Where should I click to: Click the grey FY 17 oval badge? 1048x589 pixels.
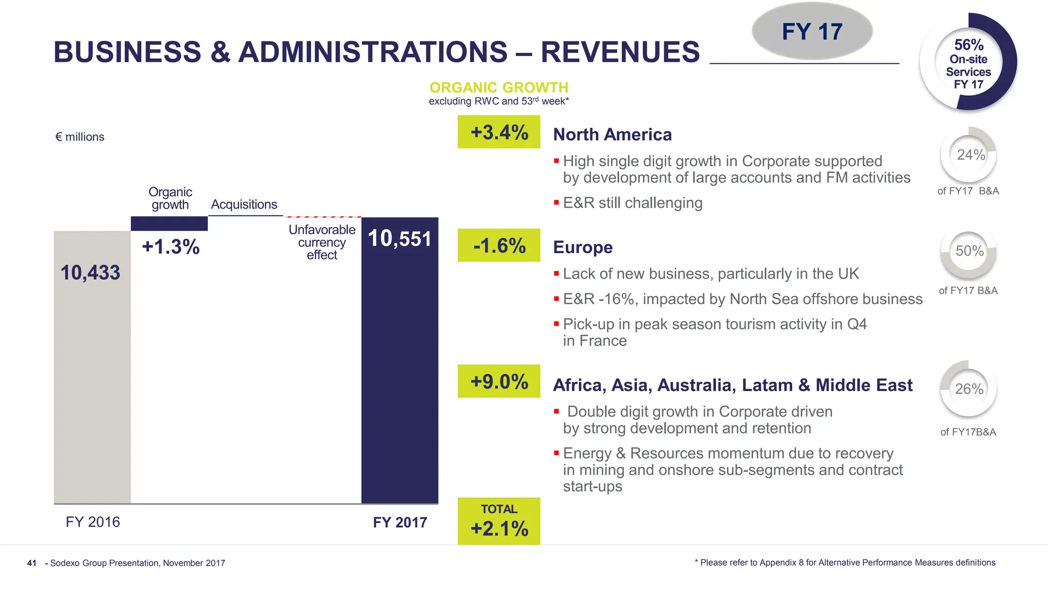pos(812,32)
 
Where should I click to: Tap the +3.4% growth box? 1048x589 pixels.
pos(499,132)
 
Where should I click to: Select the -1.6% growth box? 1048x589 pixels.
pos(499,245)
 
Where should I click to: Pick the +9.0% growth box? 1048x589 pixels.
pos(499,381)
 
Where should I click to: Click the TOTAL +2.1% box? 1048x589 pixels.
pos(499,521)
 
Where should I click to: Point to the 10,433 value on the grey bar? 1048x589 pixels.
pos(91,273)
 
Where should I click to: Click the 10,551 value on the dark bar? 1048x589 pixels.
pos(400,239)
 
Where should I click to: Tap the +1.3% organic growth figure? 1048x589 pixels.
pos(170,247)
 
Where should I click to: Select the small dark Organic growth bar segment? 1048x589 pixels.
pos(169,223)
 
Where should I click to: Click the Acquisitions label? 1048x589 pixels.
pos(244,205)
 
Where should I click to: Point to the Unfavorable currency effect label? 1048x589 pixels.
pos(322,242)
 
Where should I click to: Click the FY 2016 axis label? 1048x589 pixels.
pos(93,522)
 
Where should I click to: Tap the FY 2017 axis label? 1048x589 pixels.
pos(400,523)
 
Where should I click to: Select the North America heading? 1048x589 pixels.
pos(613,134)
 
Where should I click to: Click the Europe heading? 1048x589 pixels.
pos(583,247)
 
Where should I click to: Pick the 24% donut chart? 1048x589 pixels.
pos(969,155)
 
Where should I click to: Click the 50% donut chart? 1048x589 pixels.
pos(969,251)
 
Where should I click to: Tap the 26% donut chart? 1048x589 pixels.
pos(969,389)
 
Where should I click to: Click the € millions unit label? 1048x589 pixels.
pos(80,137)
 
